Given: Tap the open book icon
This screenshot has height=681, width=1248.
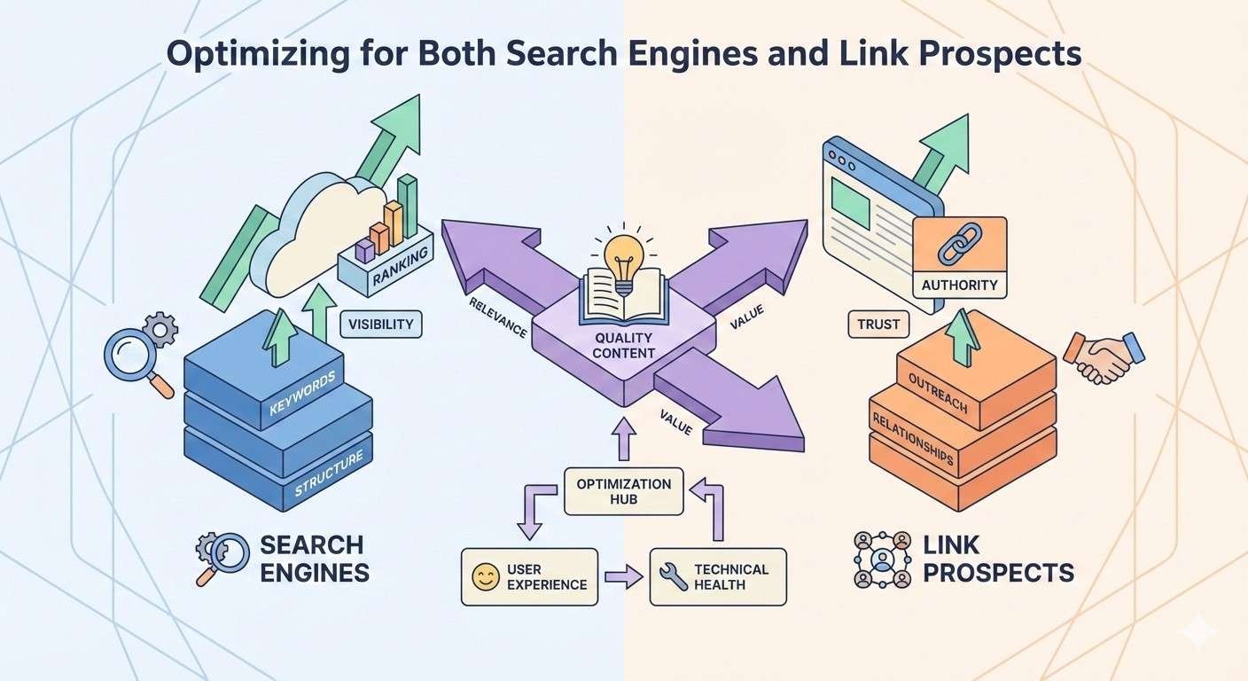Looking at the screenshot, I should tap(623, 297).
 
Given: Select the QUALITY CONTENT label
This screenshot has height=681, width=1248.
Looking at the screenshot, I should tap(624, 345).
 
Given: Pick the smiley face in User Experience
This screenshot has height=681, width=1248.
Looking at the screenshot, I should tap(486, 577).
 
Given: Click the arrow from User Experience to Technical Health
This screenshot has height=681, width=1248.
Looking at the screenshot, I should tap(623, 578).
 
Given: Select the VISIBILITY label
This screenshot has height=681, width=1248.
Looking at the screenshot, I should tap(381, 324).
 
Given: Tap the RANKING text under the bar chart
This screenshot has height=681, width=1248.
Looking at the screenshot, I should tap(401, 266).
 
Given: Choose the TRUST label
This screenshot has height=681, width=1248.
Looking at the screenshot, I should tap(878, 325).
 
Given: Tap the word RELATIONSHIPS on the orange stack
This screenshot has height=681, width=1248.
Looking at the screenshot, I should tap(912, 438).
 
